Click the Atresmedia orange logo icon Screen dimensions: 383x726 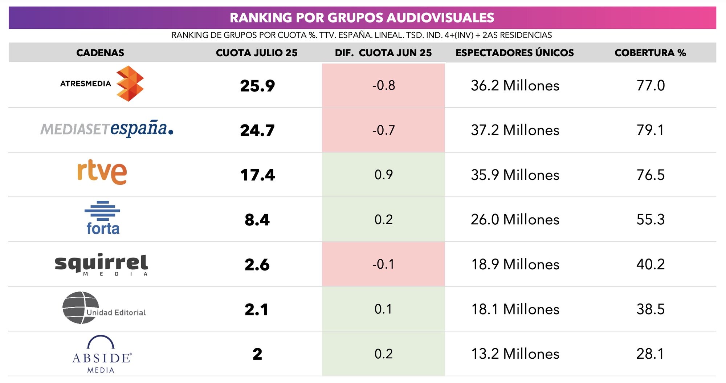click(x=130, y=84)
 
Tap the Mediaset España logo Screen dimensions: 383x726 click(x=106, y=129)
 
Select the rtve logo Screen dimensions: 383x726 click(x=102, y=172)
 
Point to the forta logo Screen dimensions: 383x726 click(x=103, y=218)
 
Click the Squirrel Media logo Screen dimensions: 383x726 click(x=101, y=264)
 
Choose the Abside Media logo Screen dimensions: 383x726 click(x=102, y=354)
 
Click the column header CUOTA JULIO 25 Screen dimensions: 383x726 click(x=256, y=53)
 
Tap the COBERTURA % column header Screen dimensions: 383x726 click(x=650, y=53)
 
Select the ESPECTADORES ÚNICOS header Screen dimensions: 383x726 click(x=514, y=53)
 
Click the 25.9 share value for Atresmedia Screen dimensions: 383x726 click(x=257, y=86)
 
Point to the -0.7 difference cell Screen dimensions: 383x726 click(x=383, y=130)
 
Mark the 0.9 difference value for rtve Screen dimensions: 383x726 click(x=383, y=175)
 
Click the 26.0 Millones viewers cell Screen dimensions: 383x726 click(x=515, y=220)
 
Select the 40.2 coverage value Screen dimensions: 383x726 click(x=650, y=264)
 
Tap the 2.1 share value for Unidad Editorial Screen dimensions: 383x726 click(x=256, y=309)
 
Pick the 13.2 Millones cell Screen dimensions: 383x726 click(x=515, y=354)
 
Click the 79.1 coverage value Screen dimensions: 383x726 click(x=650, y=130)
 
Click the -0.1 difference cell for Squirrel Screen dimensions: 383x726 click(x=383, y=264)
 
